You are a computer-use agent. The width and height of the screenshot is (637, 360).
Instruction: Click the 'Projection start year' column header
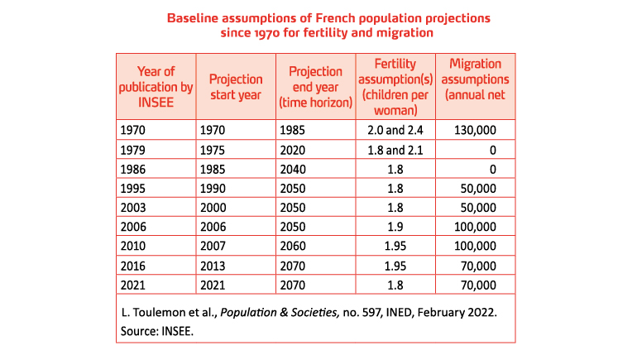click(x=236, y=87)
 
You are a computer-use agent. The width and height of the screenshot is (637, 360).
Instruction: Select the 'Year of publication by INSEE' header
click(x=155, y=87)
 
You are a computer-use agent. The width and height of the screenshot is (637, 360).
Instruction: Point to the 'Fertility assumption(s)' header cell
click(x=395, y=87)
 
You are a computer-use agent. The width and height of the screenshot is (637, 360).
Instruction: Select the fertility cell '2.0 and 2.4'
click(x=395, y=130)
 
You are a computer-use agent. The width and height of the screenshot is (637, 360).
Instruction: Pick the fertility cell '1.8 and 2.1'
click(x=395, y=150)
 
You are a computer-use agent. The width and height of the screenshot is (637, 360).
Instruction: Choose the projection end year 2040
click(x=294, y=169)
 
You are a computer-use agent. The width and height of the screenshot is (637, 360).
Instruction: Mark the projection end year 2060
click(x=294, y=247)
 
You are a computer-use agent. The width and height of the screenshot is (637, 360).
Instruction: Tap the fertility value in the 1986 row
click(x=395, y=169)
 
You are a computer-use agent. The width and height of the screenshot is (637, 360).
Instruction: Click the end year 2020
click(x=294, y=150)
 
